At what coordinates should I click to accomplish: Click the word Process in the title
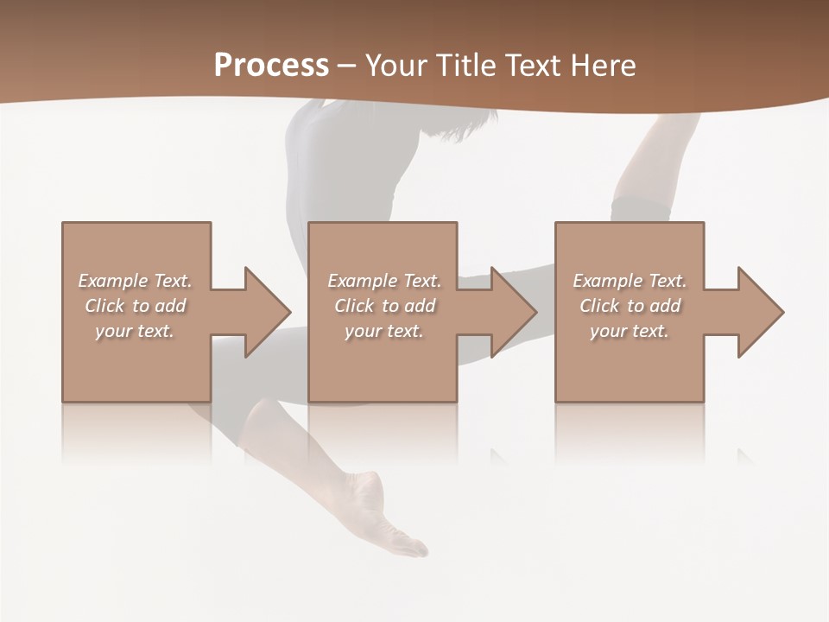(271, 66)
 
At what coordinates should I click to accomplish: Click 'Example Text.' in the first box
(135, 281)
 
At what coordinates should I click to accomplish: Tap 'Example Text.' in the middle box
(384, 281)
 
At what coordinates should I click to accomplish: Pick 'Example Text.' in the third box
(630, 281)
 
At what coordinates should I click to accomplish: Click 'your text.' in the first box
(135, 331)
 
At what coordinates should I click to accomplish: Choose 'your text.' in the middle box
(384, 331)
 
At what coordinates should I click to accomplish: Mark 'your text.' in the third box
(630, 331)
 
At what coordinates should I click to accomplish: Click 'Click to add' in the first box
(135, 306)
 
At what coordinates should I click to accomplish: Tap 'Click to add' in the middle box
(384, 306)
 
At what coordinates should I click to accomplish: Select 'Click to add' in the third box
(630, 306)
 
